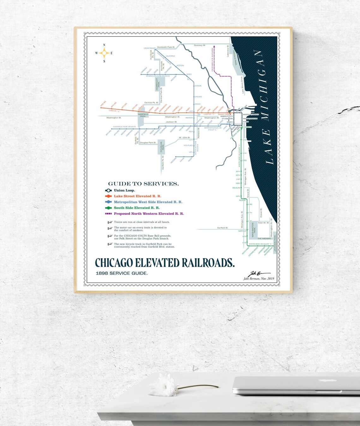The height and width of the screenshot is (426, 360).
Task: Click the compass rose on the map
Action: coord(104,53)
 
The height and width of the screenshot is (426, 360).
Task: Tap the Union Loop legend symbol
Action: coord(108,191)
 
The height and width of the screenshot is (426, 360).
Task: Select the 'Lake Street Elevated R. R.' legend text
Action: coord(137,196)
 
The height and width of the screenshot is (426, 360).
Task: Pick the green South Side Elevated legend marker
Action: coord(108,208)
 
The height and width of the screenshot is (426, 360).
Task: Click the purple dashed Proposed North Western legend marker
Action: coord(108,214)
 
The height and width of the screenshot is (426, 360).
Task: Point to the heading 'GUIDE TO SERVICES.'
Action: coord(143,184)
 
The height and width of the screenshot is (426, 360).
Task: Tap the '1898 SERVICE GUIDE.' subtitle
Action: coord(122,273)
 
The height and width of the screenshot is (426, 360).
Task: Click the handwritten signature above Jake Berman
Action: coord(259,274)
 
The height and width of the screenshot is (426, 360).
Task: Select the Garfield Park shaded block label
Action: coord(143,115)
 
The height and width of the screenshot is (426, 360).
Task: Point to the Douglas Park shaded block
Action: coord(161,147)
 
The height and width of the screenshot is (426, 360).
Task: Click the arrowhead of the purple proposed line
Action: coord(214,46)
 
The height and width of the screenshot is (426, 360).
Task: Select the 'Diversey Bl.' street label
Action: coord(200,46)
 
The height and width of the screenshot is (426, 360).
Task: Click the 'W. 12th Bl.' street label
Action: coord(184,138)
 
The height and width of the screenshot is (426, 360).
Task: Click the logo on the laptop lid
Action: coord(322,381)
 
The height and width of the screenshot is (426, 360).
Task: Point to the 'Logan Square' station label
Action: coord(149,48)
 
